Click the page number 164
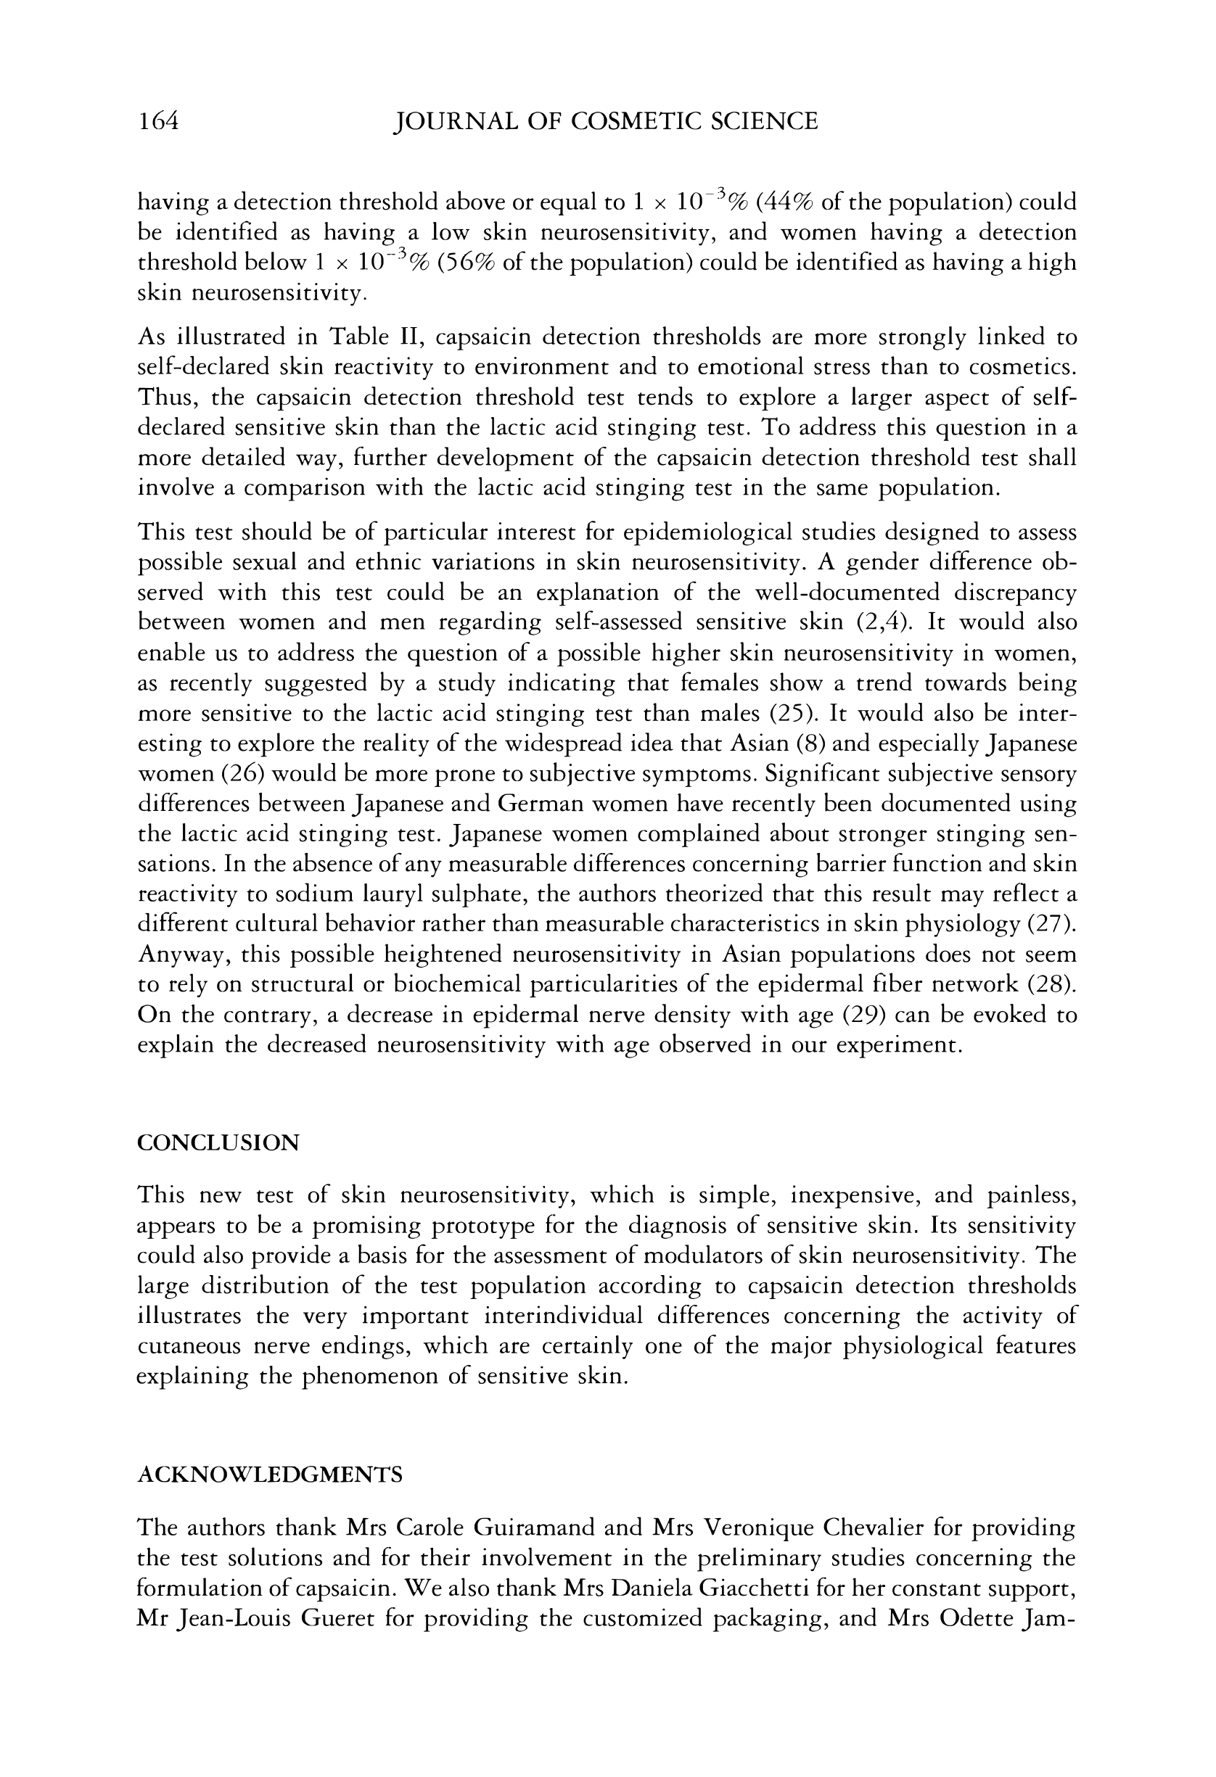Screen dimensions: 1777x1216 click(x=157, y=121)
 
